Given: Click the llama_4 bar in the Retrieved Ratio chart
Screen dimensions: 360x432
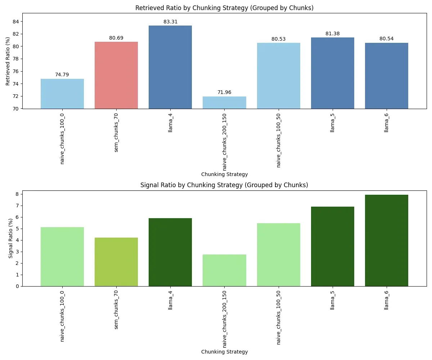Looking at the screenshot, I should (170, 67).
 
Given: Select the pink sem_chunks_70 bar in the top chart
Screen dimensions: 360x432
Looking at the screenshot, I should (116, 75).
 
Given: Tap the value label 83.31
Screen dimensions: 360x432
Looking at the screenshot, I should (170, 22).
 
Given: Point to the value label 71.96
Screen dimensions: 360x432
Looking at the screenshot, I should (224, 93).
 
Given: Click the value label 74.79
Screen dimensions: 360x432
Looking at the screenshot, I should (62, 75).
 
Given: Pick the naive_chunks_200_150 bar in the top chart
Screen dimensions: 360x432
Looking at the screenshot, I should (224, 103).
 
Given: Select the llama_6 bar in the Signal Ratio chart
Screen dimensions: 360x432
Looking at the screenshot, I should (386, 240).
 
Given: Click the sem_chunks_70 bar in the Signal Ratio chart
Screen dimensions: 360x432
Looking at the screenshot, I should (116, 262).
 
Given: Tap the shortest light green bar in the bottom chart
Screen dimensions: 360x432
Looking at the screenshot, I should (224, 270).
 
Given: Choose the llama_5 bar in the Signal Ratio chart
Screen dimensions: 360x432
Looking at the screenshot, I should (332, 246).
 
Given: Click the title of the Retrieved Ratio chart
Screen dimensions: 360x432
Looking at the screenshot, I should (224, 8).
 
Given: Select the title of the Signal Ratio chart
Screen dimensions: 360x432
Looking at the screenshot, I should (224, 185).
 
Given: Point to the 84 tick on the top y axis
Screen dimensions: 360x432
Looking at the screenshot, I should (16, 22).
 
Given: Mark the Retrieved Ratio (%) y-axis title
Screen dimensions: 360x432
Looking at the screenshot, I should (8, 61).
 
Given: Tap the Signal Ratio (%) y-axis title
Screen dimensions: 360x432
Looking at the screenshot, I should (11, 238).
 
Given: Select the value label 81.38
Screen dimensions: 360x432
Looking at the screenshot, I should (332, 34).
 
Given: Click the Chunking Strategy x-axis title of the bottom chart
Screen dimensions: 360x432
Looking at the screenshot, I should (224, 352).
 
